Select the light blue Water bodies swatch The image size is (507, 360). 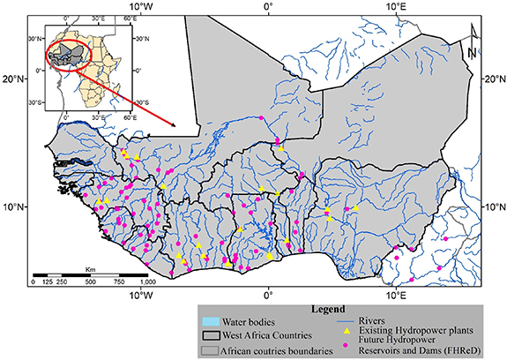[x=210, y=320]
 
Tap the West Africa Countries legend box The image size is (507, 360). [x=210, y=335]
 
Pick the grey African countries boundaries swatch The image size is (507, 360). [x=210, y=349]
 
